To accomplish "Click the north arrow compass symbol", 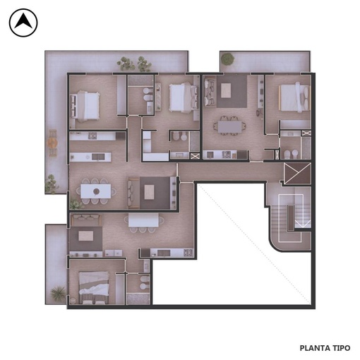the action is click(23, 23).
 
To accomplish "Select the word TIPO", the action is click(341, 348).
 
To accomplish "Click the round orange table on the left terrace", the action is click(53, 143).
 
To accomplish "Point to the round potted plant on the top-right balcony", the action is click(227, 59).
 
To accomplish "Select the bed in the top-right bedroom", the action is click(294, 97).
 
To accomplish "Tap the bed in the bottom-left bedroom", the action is click(94, 287).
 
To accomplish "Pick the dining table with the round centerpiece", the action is click(96, 191).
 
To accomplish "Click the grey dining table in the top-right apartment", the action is click(229, 127).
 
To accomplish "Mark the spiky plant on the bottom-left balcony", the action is click(58, 293).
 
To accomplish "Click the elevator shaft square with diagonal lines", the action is click(297, 173).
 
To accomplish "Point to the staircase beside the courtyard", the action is click(291, 218).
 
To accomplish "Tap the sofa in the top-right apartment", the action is click(210, 92).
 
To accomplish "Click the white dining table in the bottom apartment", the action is click(143, 221).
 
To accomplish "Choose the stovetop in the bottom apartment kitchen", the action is click(188, 253).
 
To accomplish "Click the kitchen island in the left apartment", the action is click(90, 157).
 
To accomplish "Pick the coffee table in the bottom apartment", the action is click(85, 236).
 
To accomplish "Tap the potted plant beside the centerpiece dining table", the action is click(76, 204).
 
